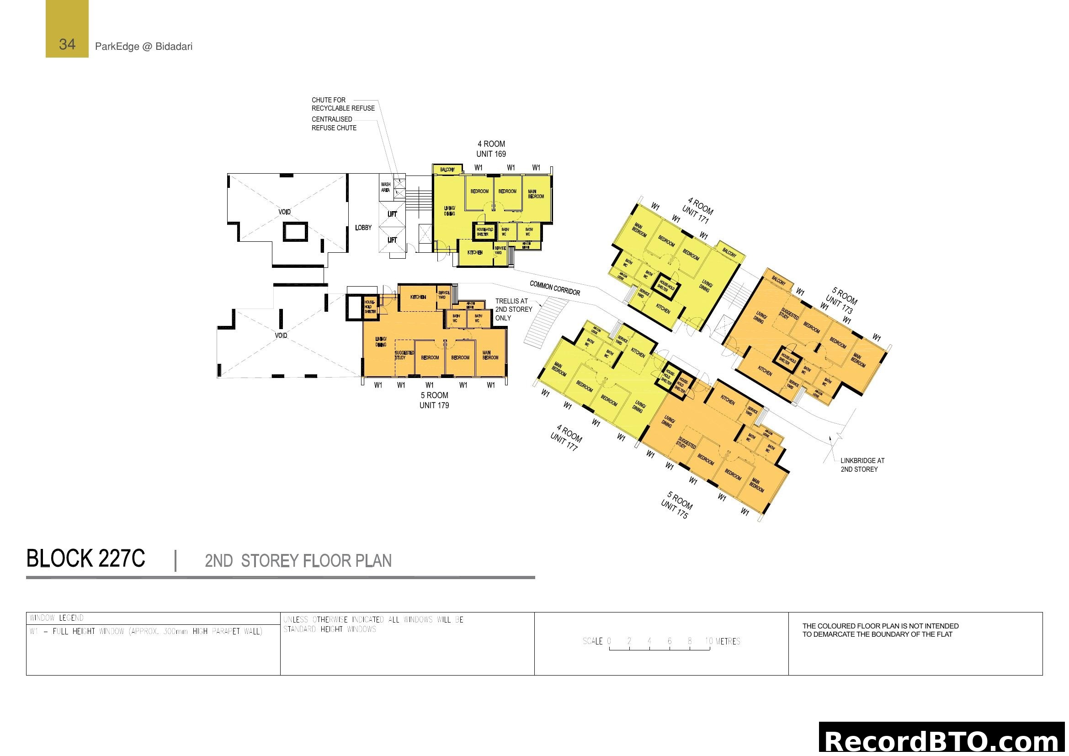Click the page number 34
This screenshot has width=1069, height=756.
pos(67,44)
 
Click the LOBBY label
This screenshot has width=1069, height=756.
pos(363,228)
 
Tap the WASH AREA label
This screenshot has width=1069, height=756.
pos(386,187)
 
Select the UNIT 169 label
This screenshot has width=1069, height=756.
pos(491,154)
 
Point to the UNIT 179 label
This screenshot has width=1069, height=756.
pos(434,405)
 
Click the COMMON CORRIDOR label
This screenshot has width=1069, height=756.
pos(554,288)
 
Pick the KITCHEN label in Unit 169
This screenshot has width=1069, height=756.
pos(475,252)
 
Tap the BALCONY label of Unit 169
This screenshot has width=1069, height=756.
pos(447,170)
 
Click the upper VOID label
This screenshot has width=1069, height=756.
pos(284,212)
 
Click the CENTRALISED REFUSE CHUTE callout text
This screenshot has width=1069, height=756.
pos(334,123)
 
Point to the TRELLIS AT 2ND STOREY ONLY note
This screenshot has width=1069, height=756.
pos(513,309)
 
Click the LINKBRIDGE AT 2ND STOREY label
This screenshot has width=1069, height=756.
pos(862,464)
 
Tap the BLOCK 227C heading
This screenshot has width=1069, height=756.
pos(85,559)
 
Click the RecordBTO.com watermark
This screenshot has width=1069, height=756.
pos(943,740)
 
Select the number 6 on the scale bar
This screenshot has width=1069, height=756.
pos(670,641)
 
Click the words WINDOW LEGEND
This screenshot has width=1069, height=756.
pos(56,618)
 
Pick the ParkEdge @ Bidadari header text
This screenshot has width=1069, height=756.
pos(144,47)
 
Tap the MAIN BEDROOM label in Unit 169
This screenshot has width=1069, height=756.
pos(536,194)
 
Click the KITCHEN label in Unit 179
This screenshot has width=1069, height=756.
pos(418,297)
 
